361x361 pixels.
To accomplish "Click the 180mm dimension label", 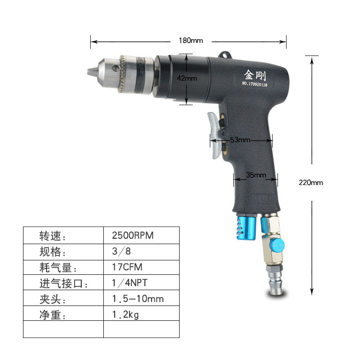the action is [191, 41].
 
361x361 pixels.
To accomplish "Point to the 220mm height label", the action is [311, 183].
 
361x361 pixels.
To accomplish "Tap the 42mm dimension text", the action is [187, 79].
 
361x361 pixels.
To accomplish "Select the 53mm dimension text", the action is [240, 140].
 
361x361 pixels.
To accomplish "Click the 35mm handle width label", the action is [256, 175].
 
